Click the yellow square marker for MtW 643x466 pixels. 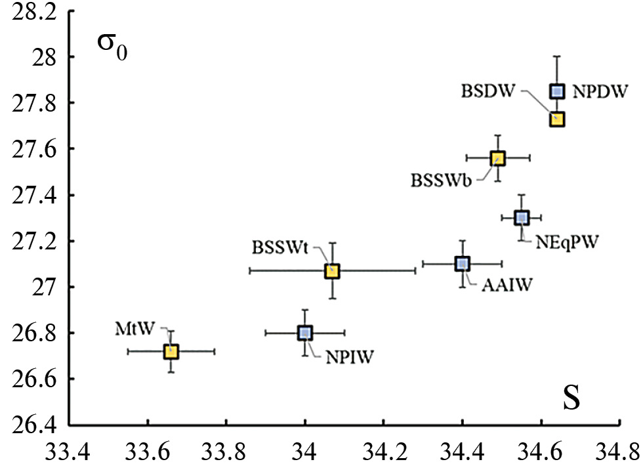[x=171, y=351]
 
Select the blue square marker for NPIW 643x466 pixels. [x=304, y=333]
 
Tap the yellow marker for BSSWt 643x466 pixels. [x=332, y=270]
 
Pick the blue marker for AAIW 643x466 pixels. [x=462, y=263]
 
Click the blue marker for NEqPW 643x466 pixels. [x=522, y=217]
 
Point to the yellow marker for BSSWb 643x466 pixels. [x=497, y=158]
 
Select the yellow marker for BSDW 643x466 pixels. [x=557, y=119]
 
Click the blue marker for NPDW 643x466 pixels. [x=557, y=91]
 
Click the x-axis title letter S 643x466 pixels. [x=571, y=399]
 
